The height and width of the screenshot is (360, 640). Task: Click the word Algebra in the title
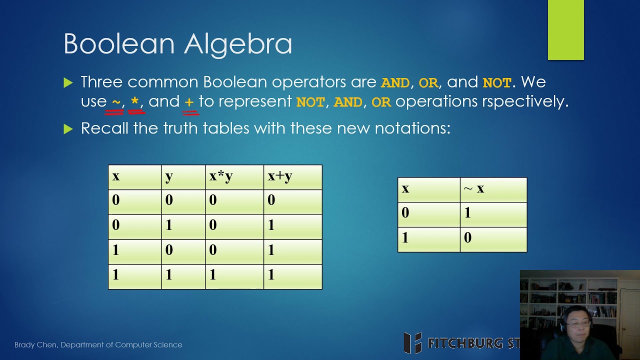[x=238, y=44]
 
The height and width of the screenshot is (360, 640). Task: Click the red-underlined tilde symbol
[x=116, y=102]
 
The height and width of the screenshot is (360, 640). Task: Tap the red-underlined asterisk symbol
[x=135, y=102]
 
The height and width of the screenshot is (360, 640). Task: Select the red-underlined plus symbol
[x=189, y=102]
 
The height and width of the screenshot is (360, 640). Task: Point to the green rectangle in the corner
[x=565, y=30]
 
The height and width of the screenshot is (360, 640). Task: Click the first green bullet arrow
[x=68, y=83]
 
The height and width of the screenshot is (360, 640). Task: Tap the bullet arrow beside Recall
[x=68, y=129]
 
